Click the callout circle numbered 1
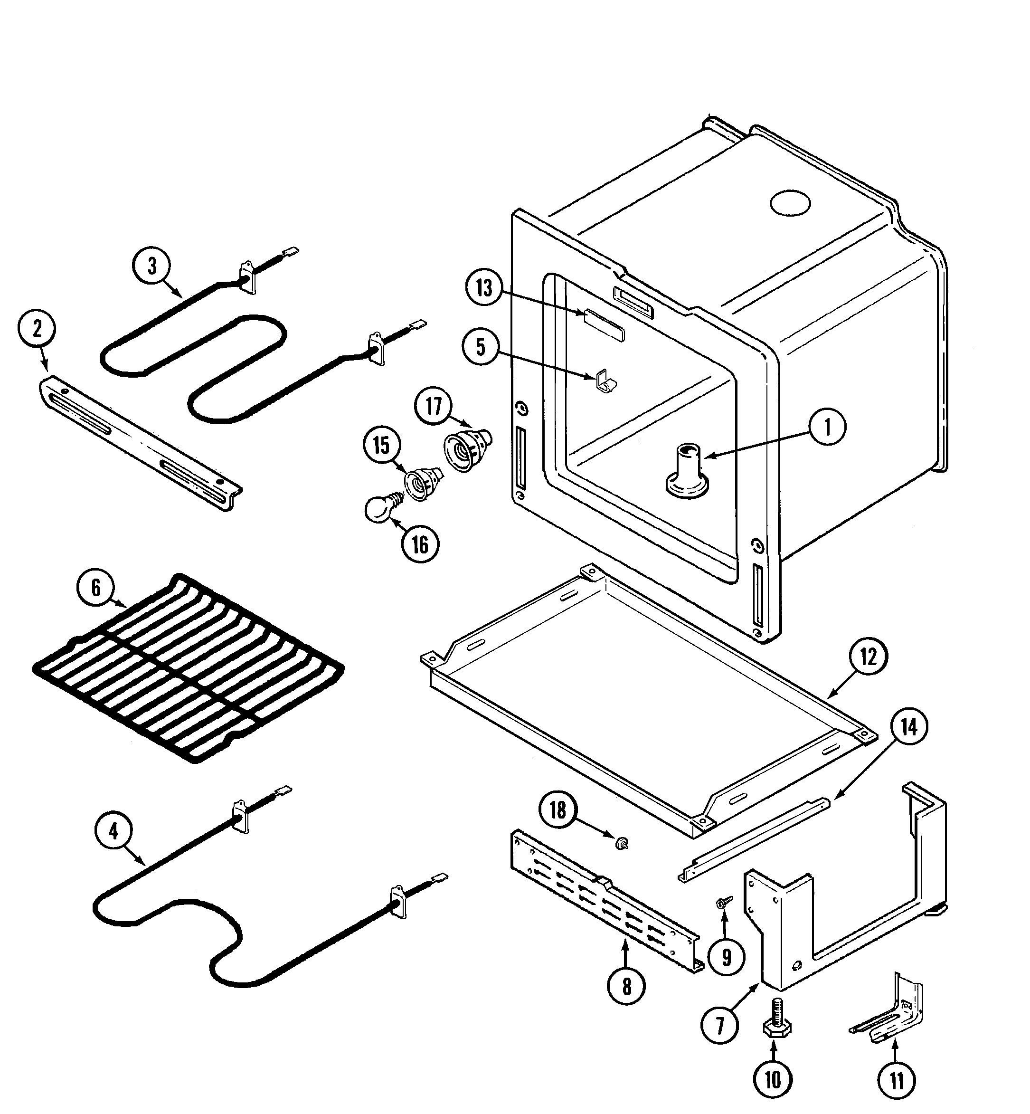pos(827,427)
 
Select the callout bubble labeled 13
pos(484,288)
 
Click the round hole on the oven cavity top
pos(790,204)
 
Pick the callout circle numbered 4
pos(113,832)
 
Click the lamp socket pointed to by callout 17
pos(467,449)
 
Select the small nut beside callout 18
pos(619,845)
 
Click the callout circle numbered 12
pos(869,658)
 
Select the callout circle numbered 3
pos(152,267)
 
